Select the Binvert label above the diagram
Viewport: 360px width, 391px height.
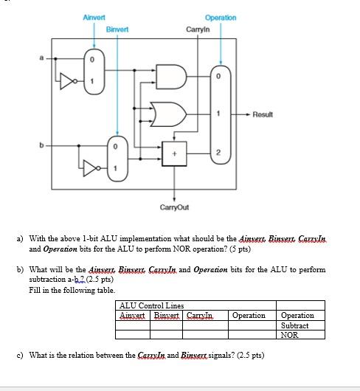[117, 30]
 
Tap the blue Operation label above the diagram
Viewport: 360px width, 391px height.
[221, 17]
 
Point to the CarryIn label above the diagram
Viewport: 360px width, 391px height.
[198, 30]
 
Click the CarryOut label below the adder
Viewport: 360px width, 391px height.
[174, 207]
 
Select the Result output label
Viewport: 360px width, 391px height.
[263, 114]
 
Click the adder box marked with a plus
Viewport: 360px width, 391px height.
[173, 155]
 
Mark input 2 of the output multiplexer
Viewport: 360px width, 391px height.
[218, 151]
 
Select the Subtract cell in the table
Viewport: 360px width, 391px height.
[295, 325]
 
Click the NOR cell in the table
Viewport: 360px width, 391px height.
[289, 334]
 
